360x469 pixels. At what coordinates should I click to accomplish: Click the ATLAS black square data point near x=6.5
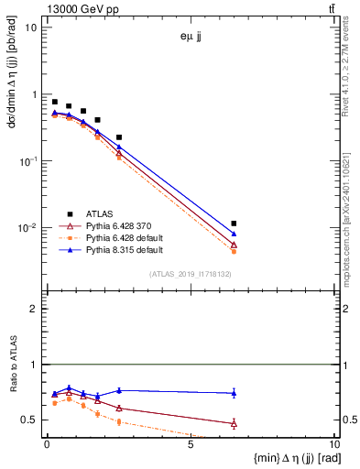point(235,224)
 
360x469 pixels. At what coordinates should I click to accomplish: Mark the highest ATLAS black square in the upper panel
point(55,102)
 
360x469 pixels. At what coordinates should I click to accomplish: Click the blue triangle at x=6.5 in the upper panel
point(235,234)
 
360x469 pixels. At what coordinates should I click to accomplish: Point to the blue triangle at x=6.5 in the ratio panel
point(235,393)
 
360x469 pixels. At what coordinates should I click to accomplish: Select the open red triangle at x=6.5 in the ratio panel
point(235,423)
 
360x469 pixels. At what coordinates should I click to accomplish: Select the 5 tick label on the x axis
point(190,448)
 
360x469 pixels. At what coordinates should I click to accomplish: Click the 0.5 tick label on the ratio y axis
point(32,420)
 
